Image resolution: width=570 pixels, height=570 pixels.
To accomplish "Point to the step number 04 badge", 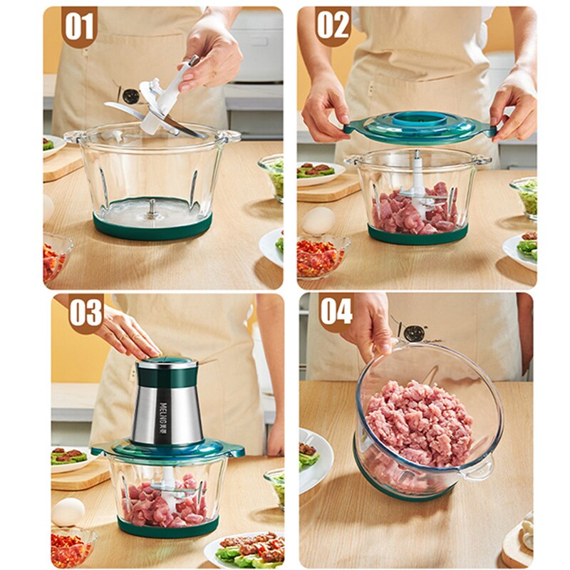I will point(336,311).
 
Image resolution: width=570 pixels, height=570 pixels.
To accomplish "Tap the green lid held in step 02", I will point(420,127).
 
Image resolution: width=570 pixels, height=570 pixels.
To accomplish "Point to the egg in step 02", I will point(318,221).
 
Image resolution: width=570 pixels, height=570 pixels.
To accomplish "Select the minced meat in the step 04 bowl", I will point(420,420).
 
